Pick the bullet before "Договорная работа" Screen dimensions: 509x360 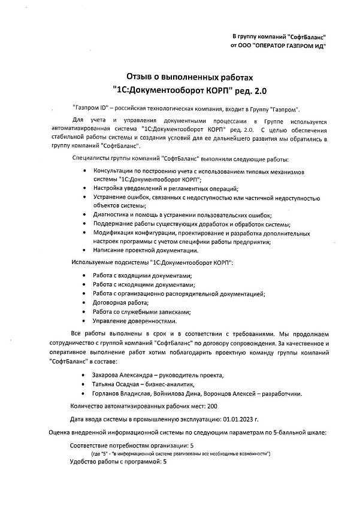tap(83, 303)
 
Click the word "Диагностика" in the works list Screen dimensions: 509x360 tap(112, 215)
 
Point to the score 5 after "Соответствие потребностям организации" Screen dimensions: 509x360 tap(192, 446)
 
